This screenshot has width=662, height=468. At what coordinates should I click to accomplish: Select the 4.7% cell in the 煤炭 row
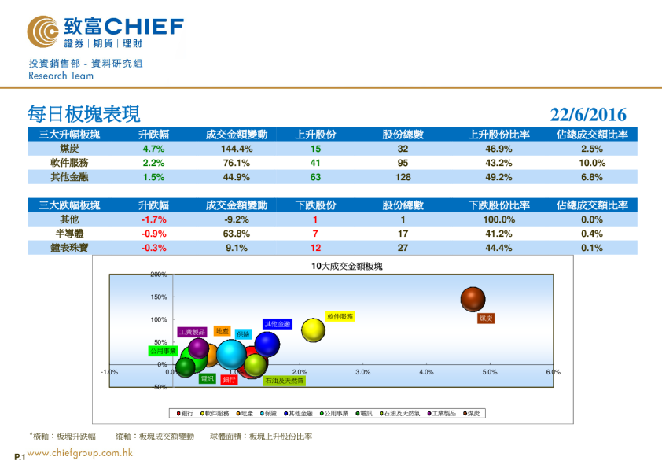click(x=153, y=149)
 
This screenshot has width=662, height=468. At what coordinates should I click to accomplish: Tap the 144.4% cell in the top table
click(x=236, y=149)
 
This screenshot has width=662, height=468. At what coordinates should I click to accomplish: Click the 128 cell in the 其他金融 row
click(x=403, y=177)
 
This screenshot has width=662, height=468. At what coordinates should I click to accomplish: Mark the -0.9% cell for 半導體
click(x=153, y=234)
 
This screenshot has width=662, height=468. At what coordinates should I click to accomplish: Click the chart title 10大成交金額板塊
click(x=347, y=267)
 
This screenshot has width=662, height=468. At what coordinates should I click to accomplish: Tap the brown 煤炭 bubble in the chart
click(x=473, y=299)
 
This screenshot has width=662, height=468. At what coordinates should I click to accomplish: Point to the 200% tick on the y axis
click(x=159, y=275)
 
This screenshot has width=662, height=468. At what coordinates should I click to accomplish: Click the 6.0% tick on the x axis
click(x=553, y=371)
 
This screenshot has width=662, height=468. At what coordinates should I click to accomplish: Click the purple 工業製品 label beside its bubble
click(x=192, y=332)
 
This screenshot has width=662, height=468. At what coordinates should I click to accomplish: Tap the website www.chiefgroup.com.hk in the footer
click(x=79, y=452)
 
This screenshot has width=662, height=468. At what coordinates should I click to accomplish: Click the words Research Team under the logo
click(x=61, y=76)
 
